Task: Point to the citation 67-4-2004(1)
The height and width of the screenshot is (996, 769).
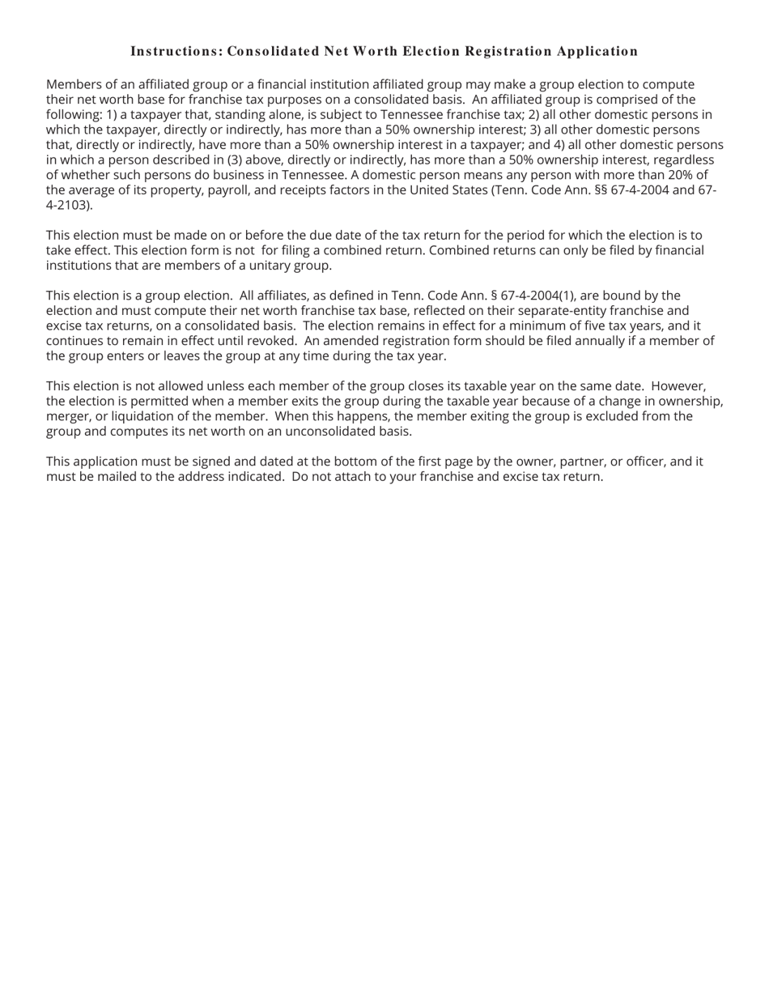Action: point(537,296)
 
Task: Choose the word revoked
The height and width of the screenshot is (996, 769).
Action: point(271,341)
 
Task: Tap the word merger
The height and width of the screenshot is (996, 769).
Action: point(68,416)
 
